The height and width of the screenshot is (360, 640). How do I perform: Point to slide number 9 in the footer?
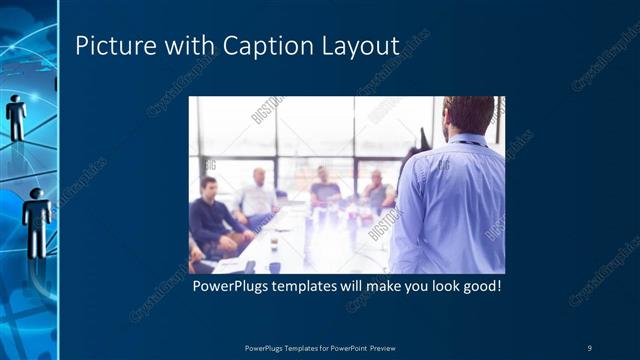[589, 347]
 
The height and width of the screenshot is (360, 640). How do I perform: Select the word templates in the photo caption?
[319, 286]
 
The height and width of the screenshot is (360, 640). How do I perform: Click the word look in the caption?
[436, 286]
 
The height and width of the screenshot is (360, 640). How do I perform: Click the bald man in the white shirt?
[257, 196]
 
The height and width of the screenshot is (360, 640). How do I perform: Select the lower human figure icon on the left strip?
[38, 214]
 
